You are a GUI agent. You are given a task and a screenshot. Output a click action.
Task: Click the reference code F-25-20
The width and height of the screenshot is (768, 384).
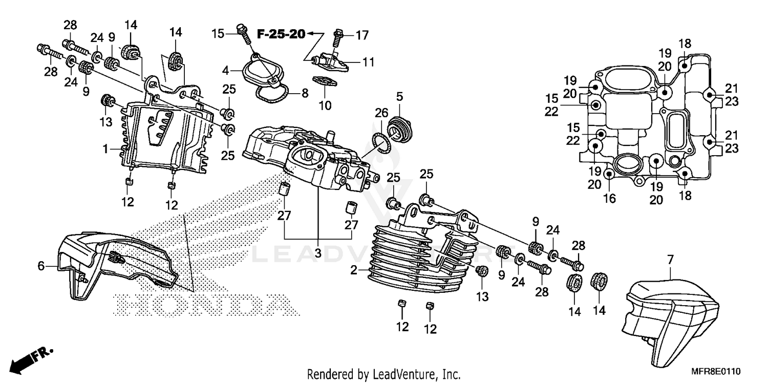(x=281, y=35)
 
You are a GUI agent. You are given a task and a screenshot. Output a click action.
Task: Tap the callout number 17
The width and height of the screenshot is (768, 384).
(x=362, y=35)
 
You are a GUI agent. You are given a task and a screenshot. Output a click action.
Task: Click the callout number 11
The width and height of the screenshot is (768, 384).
(x=369, y=62)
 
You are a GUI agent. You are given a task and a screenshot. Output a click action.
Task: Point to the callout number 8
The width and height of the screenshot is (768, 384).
(x=305, y=94)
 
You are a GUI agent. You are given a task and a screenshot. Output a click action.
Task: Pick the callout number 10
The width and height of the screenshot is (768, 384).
(x=325, y=106)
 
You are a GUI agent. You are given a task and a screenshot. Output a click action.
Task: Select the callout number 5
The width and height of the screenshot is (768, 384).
(x=400, y=96)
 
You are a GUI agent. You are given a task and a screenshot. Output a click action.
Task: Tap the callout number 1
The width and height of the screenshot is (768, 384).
(x=105, y=150)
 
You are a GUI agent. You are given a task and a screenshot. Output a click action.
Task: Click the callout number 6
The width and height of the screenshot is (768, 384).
(x=41, y=265)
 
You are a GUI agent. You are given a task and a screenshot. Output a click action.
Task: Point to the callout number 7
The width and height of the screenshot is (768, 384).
(x=671, y=260)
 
